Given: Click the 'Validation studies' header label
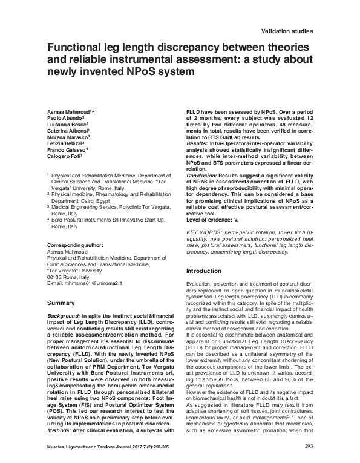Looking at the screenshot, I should click(286, 30).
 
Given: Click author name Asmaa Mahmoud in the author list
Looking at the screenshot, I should click(68, 113).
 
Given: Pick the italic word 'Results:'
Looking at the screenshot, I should click(196, 145).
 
